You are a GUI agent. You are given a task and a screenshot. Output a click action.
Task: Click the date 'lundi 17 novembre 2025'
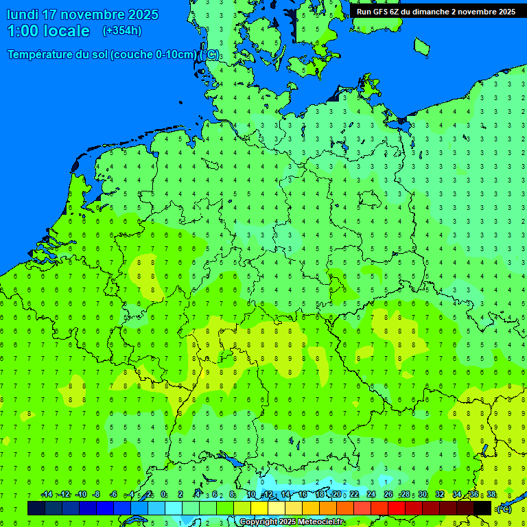82,14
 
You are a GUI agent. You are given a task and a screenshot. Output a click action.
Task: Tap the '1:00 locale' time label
49,31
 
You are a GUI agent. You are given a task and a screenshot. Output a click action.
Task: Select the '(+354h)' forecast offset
122,31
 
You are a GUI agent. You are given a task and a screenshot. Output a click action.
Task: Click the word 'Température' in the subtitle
40,55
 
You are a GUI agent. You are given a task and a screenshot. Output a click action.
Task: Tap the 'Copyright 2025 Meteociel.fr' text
292,522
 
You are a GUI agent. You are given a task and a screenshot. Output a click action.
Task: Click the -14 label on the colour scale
47,495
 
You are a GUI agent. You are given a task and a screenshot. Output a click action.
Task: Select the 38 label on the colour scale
491,495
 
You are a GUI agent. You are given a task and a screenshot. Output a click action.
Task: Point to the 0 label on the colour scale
163,495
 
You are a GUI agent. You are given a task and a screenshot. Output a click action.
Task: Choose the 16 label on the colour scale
303,495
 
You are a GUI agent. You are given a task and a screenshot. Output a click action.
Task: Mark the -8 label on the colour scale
97,495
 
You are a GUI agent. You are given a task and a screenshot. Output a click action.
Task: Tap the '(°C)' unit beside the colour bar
504,509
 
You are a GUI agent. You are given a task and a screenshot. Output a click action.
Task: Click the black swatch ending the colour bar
482,508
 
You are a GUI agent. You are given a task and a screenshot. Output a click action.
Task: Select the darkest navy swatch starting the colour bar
36,508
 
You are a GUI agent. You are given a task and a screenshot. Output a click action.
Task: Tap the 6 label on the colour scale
215,495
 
